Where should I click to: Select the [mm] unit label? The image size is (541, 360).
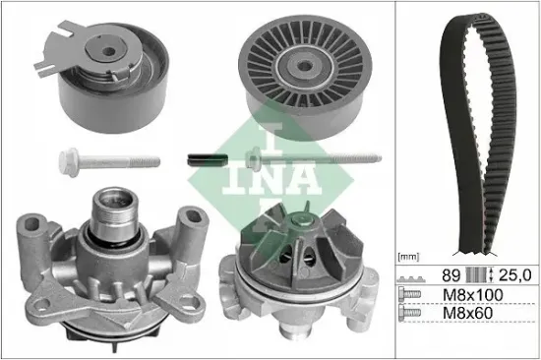pyautogui.click(x=409, y=256)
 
